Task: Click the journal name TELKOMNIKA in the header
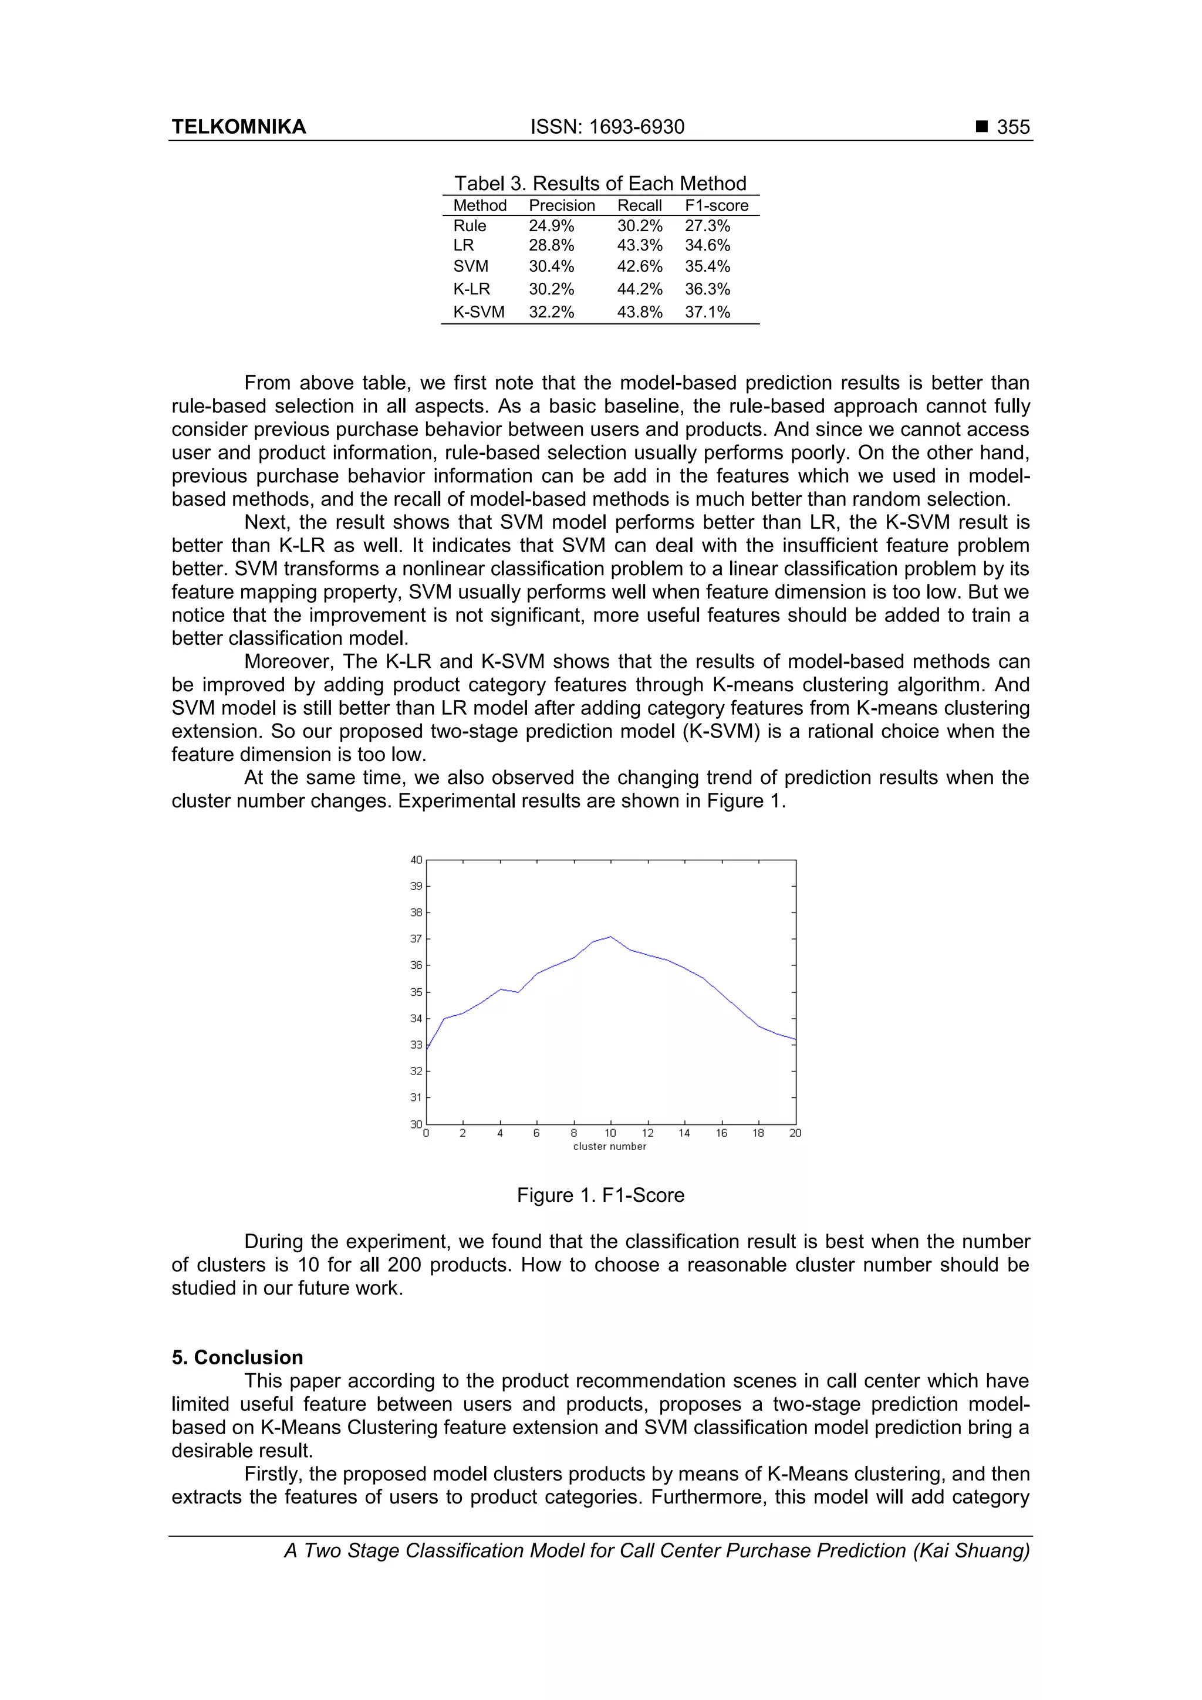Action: click(x=238, y=127)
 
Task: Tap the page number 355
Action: click(x=1012, y=127)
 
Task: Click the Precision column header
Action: click(x=561, y=206)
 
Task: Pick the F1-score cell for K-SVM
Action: click(x=707, y=312)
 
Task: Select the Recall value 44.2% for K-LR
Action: click(x=639, y=289)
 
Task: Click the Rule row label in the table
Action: click(x=470, y=226)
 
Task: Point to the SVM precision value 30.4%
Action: click(x=551, y=266)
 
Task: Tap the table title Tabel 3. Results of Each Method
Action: click(x=600, y=184)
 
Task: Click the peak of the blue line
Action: click(x=610, y=937)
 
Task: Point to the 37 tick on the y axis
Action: click(x=416, y=939)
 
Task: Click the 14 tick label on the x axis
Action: click(x=684, y=1133)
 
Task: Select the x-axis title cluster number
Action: click(x=610, y=1146)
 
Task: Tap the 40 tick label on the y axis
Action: click(x=416, y=860)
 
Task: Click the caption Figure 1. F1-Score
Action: click(x=600, y=1195)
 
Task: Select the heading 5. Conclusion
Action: click(x=237, y=1357)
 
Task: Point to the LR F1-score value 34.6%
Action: click(x=707, y=245)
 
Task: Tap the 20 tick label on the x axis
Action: click(x=795, y=1133)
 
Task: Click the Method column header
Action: click(x=480, y=206)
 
